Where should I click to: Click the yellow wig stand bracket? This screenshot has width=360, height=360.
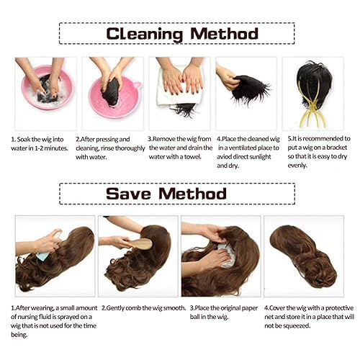coord(311,108)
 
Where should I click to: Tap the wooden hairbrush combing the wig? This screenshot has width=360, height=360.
coord(140,243)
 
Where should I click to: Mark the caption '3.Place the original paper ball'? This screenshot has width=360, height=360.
coord(219,312)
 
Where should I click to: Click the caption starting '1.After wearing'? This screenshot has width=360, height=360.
coord(52,320)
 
